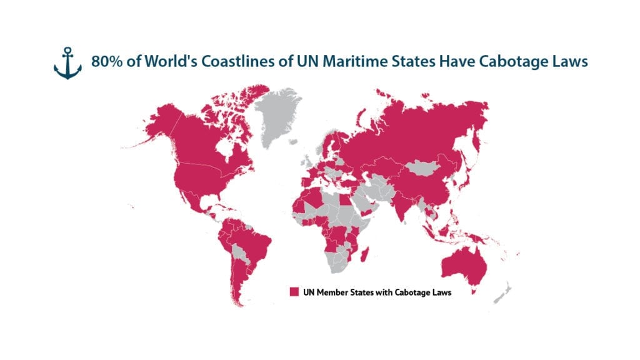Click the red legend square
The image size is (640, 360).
click(293, 292)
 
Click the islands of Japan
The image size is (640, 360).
click(466, 178)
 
